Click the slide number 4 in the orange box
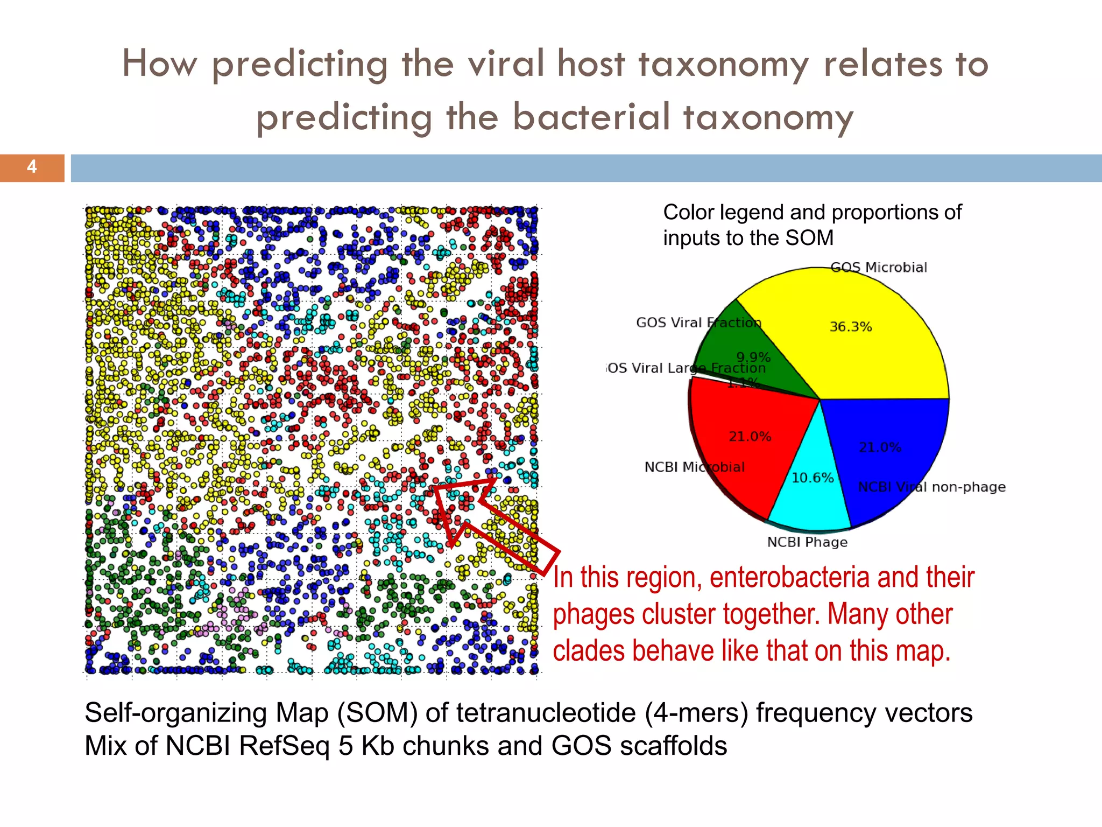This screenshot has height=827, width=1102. (x=32, y=167)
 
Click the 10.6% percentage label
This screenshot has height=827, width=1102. (x=813, y=478)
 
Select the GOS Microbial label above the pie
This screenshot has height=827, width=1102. (x=879, y=268)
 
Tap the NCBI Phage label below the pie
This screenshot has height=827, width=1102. (x=807, y=542)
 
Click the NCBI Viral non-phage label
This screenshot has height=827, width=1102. (x=931, y=487)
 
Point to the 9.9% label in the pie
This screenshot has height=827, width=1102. (x=753, y=358)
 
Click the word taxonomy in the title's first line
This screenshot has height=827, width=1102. (x=724, y=65)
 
